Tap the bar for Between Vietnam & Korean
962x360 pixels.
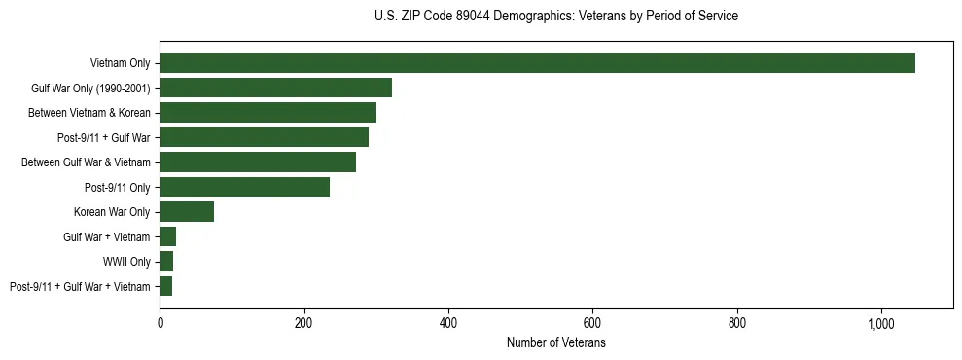tap(267, 113)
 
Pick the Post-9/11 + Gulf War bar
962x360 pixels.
tap(264, 137)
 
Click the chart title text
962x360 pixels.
tap(555, 17)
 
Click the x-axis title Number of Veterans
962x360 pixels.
tap(555, 342)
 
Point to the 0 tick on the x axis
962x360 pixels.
tap(160, 323)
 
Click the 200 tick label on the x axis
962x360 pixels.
tap(304, 323)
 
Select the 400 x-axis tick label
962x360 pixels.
tap(448, 323)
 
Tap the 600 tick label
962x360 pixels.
tap(592, 323)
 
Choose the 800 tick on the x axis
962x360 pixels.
tap(737, 323)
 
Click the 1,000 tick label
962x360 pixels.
tap(881, 323)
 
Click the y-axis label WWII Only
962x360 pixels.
tap(126, 262)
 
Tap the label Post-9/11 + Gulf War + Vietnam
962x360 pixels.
tap(80, 286)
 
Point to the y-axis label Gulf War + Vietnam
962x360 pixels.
tap(106, 236)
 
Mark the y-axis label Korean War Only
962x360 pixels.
tap(112, 212)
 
